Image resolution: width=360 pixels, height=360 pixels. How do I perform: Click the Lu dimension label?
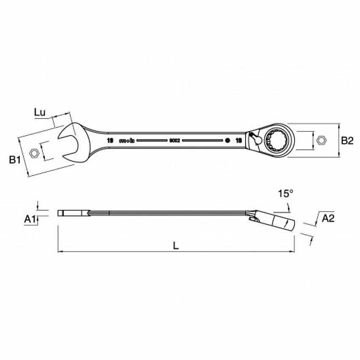click(41, 112)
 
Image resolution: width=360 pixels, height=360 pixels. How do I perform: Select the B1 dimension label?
click(15, 160)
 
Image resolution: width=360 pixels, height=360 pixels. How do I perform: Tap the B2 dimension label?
click(347, 141)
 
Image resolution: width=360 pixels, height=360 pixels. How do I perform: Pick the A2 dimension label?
click(328, 218)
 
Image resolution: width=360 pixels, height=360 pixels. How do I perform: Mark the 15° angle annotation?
click(285, 194)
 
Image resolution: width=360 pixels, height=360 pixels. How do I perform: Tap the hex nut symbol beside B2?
click(321, 140)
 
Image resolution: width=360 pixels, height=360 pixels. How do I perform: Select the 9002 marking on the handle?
click(175, 140)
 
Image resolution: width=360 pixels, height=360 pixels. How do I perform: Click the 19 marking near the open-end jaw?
click(110, 140)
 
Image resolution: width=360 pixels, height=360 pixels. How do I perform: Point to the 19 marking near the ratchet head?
click(238, 140)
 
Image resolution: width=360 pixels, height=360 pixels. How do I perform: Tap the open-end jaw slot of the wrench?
click(70, 143)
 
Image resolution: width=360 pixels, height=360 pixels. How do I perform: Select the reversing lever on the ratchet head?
click(255, 139)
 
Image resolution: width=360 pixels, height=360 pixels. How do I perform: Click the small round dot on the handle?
click(227, 140)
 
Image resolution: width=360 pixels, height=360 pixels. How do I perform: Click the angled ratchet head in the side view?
click(279, 222)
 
